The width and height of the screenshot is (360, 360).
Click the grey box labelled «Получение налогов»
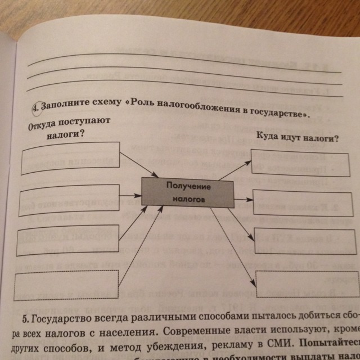tap(187, 192)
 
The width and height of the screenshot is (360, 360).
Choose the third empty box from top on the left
tap(67, 240)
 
